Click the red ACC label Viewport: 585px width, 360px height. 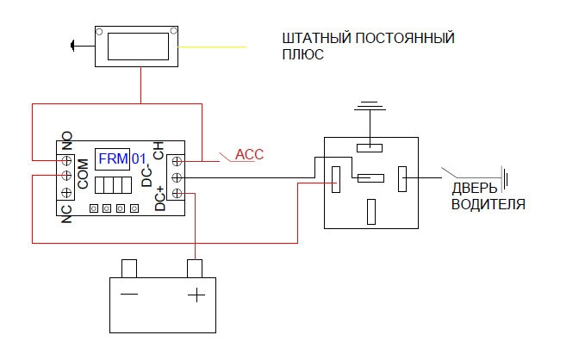point(249,155)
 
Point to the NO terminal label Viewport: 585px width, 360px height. point(66,140)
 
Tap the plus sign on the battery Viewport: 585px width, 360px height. point(196,295)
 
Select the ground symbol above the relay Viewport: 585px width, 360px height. point(370,106)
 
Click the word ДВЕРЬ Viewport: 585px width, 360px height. point(474,190)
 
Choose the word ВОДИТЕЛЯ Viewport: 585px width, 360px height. point(488,205)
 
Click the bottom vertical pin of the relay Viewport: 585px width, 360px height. point(370,210)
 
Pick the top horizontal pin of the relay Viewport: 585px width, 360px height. point(370,146)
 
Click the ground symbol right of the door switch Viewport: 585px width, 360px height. point(506,179)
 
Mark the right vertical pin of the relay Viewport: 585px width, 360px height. point(401,178)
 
